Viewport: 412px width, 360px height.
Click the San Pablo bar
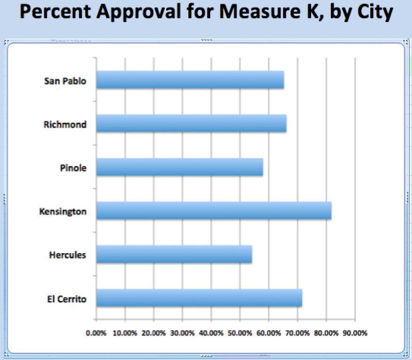point(190,80)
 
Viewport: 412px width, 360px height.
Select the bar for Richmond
point(191,124)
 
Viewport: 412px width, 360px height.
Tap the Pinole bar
point(179,167)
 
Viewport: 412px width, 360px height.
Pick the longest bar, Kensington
point(214,211)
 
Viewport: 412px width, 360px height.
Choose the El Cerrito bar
point(199,298)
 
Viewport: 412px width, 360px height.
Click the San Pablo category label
point(65,81)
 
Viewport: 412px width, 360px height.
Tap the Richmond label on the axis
point(65,125)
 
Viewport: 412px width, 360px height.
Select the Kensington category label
point(63,211)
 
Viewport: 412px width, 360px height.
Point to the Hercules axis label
point(68,255)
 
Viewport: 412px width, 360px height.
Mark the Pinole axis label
point(74,168)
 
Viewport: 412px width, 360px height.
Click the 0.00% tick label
point(96,333)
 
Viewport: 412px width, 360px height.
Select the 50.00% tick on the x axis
point(240,333)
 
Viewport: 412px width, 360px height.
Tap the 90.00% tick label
point(355,333)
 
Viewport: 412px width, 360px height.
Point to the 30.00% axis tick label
point(183,333)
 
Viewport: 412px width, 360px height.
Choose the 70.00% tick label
point(298,333)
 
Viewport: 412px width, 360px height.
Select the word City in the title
point(372,14)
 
